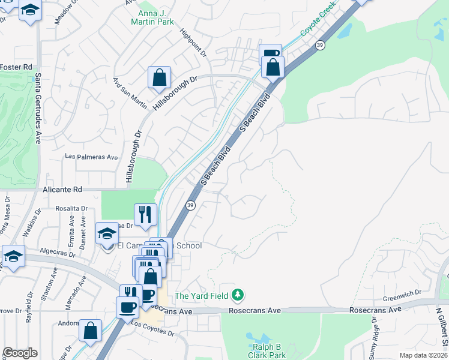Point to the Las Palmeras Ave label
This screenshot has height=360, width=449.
coord(92,157)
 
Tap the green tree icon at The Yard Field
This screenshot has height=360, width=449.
coord(238,295)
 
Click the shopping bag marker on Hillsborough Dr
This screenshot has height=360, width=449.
coord(160,77)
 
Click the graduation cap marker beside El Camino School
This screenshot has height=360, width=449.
coord(107,233)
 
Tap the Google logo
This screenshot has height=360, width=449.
coord(20,353)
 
